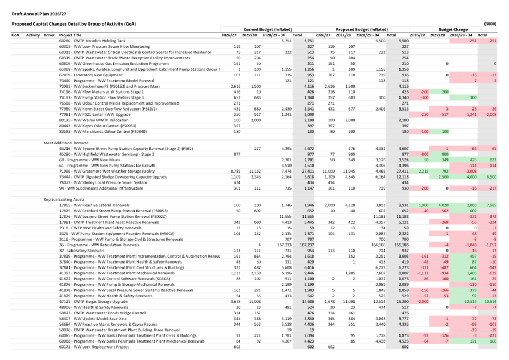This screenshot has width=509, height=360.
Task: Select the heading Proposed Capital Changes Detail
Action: (74, 23)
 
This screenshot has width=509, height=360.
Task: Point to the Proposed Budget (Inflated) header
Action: (361, 29)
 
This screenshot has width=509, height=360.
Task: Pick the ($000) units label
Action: (490, 23)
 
